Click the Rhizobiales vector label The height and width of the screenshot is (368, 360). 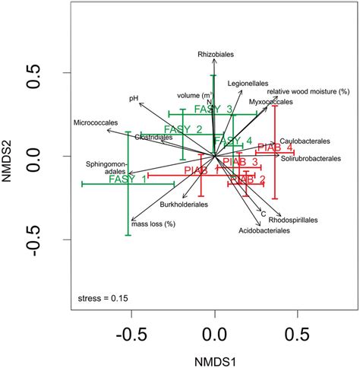point(213,54)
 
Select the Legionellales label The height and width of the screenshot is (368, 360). point(248,81)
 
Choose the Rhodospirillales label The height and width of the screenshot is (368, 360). point(292,220)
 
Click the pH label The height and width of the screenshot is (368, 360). point(133,97)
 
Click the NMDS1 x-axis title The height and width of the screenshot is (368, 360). point(214,355)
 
